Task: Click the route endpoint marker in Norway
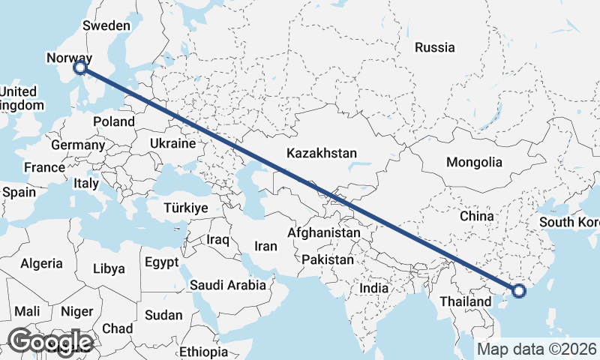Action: pyautogui.click(x=80, y=68)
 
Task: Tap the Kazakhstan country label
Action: pyautogui.click(x=322, y=153)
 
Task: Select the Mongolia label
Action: pyautogui.click(x=474, y=162)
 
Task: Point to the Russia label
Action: pyautogui.click(x=435, y=47)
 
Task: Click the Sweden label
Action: pyautogui.click(x=106, y=25)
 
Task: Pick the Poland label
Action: pyautogui.click(x=114, y=121)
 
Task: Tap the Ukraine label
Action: pyautogui.click(x=172, y=143)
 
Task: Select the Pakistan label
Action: pyautogui.click(x=328, y=259)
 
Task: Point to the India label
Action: pyautogui.click(x=374, y=287)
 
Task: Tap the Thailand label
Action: pyautogui.click(x=466, y=301)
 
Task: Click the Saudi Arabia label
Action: pyautogui.click(x=228, y=285)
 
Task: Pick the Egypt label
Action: pyautogui.click(x=162, y=262)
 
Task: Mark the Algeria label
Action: pyautogui.click(x=41, y=263)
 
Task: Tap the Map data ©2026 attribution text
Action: pyautogui.click(x=536, y=349)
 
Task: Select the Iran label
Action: pyautogui.click(x=266, y=245)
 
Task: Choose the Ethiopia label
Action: pyautogui.click(x=204, y=351)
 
